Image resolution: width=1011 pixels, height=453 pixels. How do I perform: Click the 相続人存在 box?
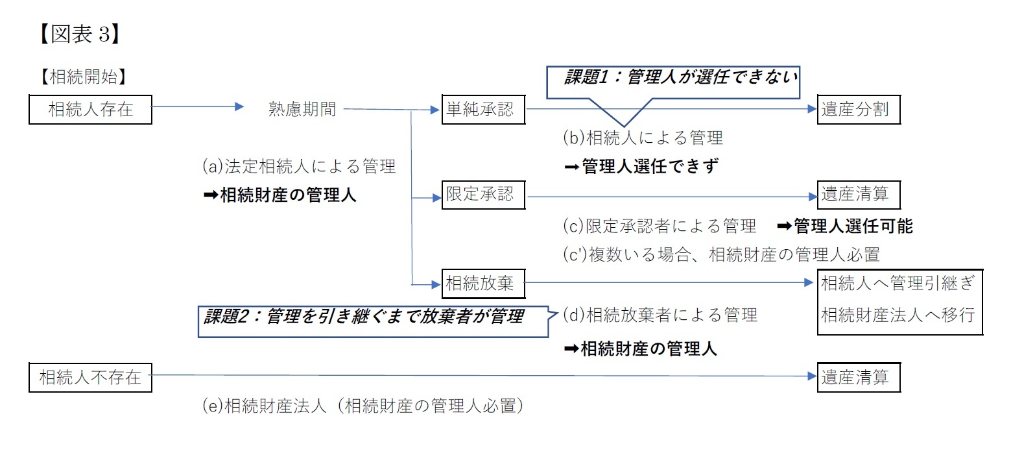click(x=90, y=109)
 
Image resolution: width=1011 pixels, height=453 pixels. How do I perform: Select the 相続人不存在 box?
click(x=90, y=377)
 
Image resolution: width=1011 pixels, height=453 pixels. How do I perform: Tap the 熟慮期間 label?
click(x=302, y=109)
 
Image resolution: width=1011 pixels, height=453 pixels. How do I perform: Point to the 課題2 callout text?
click(x=364, y=317)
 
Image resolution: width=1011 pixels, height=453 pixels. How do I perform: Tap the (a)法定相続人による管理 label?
click(x=299, y=167)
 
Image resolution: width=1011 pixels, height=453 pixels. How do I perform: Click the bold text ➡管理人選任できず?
click(x=641, y=167)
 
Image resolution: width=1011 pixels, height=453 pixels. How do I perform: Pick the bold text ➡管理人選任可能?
click(x=844, y=226)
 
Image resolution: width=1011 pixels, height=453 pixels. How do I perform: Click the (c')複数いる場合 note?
click(x=721, y=254)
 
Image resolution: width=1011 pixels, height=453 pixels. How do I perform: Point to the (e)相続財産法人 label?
click(x=363, y=406)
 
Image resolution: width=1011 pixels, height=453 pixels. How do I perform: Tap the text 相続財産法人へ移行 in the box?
click(x=898, y=315)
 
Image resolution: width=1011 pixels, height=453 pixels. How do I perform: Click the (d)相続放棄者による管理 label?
click(x=660, y=315)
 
